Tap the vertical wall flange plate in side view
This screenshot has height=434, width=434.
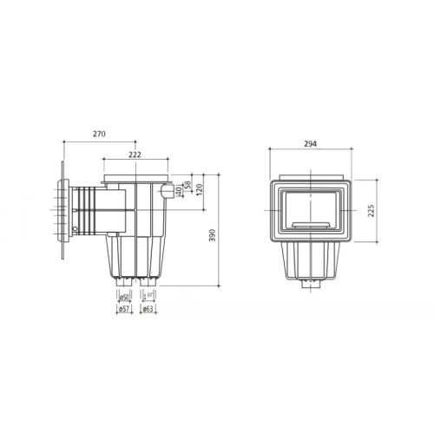coord(65,214)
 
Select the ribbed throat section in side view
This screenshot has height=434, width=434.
coord(86,214)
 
